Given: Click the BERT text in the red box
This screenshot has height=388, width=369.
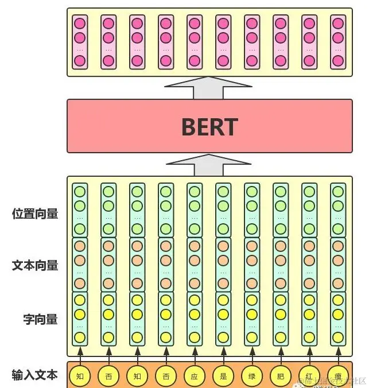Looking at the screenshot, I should (x=209, y=126).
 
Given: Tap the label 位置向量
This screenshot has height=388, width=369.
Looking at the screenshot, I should (x=35, y=214).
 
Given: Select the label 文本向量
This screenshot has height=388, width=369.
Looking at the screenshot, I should (x=35, y=265).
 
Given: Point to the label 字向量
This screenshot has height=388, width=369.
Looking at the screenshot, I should (x=40, y=319).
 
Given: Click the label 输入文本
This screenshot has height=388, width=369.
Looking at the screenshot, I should (x=35, y=375).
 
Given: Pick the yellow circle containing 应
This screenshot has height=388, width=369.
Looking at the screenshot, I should (x=195, y=377).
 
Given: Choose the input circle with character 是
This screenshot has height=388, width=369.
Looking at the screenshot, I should (x=223, y=377).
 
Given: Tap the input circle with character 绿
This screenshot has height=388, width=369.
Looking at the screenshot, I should (x=252, y=377).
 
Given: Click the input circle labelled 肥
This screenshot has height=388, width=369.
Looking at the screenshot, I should (x=281, y=377).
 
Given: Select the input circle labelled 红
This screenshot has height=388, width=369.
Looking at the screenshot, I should (x=309, y=377).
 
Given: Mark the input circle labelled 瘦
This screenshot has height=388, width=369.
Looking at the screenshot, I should (x=338, y=377).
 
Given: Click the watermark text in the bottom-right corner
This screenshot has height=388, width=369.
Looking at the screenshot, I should (x=333, y=381).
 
